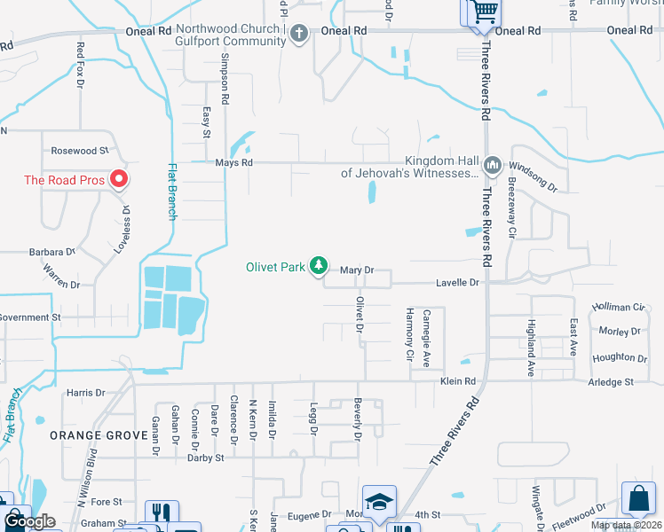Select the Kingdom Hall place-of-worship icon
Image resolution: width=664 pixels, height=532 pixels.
(492, 166)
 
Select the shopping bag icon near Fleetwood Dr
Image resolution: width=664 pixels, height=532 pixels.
(638, 499)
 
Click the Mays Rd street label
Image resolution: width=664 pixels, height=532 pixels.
(234, 163)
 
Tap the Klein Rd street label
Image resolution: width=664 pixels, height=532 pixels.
(458, 381)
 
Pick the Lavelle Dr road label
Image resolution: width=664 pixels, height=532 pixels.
(457, 283)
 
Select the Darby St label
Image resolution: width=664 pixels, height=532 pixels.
(205, 458)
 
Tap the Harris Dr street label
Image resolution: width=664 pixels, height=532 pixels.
(85, 392)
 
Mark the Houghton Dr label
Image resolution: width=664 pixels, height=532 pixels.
(620, 357)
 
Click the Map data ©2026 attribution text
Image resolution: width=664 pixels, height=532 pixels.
(626, 526)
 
